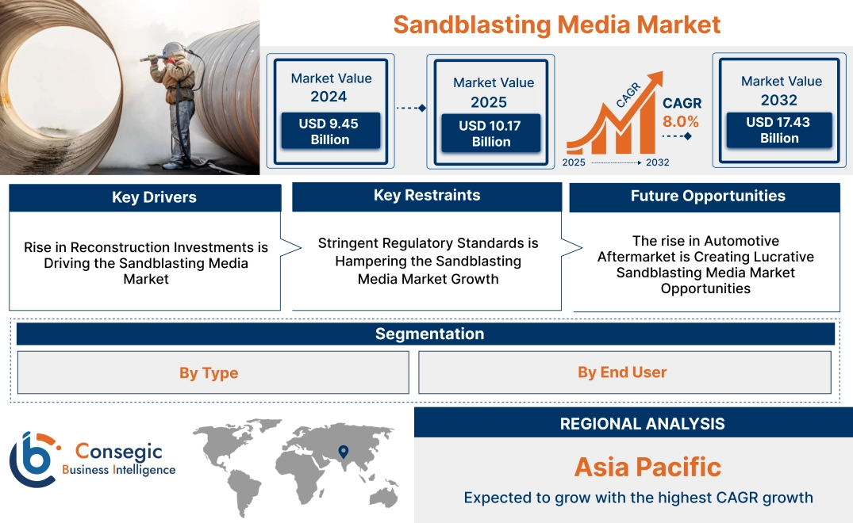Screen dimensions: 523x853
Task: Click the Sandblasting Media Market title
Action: point(556,24)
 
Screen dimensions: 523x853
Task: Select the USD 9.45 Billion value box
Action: point(330,132)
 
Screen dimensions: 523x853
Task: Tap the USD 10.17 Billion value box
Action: point(491,133)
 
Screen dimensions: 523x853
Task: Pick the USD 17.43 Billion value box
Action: point(779,130)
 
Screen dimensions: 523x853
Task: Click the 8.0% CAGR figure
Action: point(681,121)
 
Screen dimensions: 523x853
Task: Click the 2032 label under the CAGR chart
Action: point(657,162)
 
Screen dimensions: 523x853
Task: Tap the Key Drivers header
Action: point(145,197)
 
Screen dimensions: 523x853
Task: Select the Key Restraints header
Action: point(427,196)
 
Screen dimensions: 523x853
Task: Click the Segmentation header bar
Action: point(428,334)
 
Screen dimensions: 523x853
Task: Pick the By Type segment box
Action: point(209,372)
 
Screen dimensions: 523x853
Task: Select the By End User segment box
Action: point(622,372)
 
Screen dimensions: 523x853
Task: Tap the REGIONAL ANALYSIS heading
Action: point(642,423)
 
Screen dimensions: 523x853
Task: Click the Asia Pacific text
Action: point(647,466)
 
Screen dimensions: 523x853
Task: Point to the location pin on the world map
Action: point(343,452)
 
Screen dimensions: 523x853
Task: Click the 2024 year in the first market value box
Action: point(329,97)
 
